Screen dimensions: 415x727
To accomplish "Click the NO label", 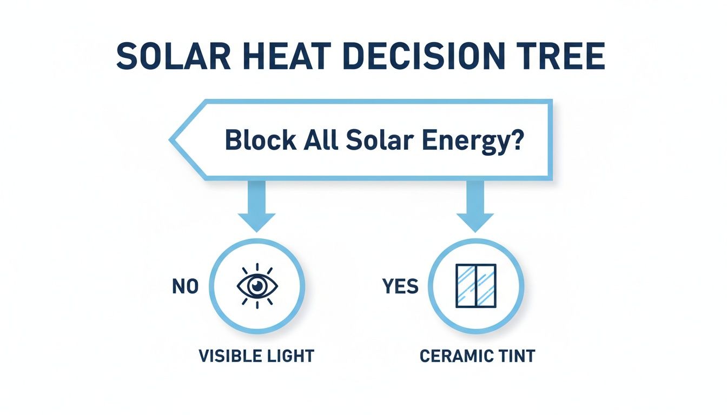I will click(x=185, y=287).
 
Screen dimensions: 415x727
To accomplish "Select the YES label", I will click(x=400, y=287).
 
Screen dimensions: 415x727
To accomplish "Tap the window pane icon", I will click(x=475, y=286).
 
